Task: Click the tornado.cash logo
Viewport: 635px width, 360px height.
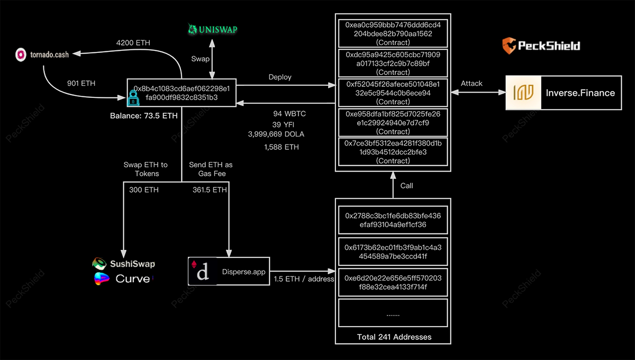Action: (x=22, y=54)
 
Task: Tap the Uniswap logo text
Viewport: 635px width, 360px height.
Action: (x=215, y=30)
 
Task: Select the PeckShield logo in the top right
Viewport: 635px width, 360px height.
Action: (x=541, y=45)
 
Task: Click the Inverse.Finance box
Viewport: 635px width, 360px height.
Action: (x=564, y=93)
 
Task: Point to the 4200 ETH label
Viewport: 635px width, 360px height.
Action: (x=133, y=42)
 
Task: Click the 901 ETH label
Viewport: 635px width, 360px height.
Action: (x=81, y=83)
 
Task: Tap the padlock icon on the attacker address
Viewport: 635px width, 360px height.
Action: (x=132, y=97)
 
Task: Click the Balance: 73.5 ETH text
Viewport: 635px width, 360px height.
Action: (x=144, y=115)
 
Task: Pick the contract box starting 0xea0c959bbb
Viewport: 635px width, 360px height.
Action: (x=393, y=33)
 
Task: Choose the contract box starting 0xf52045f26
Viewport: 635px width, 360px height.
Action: (x=393, y=92)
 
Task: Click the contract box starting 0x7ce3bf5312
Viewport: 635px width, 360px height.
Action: (x=393, y=151)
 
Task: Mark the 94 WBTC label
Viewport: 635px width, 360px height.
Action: (x=289, y=114)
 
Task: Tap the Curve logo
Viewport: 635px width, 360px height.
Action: (x=123, y=278)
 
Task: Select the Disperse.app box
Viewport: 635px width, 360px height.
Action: (x=229, y=271)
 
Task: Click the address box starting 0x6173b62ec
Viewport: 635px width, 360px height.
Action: (x=393, y=252)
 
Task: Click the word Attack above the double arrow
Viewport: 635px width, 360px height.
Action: (x=471, y=83)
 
